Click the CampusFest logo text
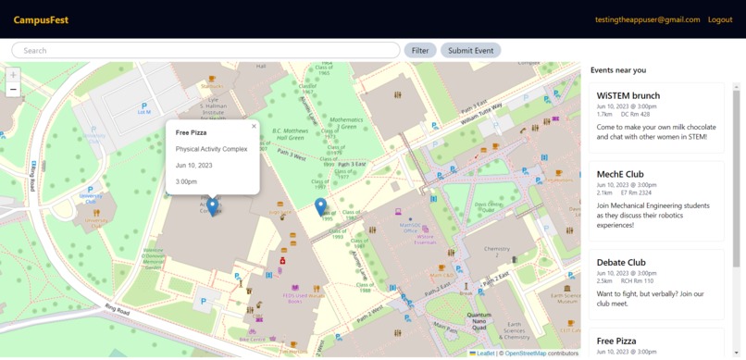[x=41, y=19]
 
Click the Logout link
[x=719, y=19]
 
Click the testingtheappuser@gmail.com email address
[x=647, y=19]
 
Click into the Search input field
[x=205, y=50]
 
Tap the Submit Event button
[x=470, y=50]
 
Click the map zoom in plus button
[x=13, y=75]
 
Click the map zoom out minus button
[x=13, y=90]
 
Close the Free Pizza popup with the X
[x=254, y=127]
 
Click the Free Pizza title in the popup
[x=192, y=132]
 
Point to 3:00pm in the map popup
[x=186, y=181]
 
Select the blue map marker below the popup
[x=212, y=207]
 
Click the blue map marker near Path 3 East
[x=320, y=206]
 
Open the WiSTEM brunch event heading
[x=628, y=95]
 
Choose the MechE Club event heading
[x=620, y=174]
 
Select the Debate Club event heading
[x=621, y=262]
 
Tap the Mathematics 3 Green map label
[x=347, y=124]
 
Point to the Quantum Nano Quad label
[x=479, y=319]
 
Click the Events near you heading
[x=618, y=70]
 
